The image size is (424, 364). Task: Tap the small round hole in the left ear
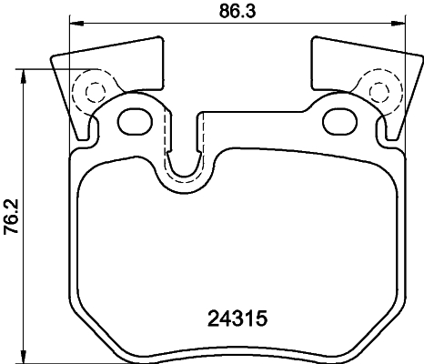(x=94, y=90)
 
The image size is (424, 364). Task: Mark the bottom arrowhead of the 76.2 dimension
(x=25, y=355)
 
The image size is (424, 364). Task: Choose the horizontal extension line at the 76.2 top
(x=45, y=69)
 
